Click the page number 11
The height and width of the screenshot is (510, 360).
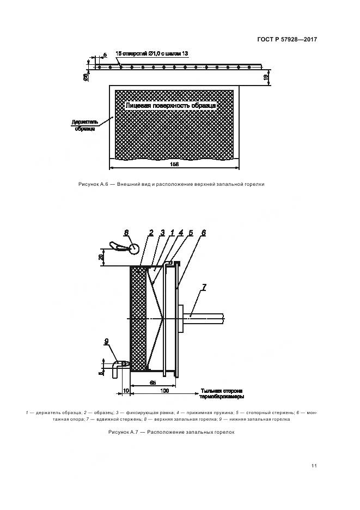tap(314, 465)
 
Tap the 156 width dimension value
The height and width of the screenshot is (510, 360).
tap(174, 164)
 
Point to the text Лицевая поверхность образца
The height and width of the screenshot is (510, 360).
tap(171, 105)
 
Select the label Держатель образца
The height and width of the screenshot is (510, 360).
tap(84, 125)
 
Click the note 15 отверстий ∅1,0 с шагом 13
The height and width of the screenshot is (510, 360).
tap(152, 54)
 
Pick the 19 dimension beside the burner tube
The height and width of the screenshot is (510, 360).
tap(265, 77)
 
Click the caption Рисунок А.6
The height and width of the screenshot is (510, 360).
tap(171, 184)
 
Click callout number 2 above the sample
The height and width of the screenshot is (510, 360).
tap(151, 233)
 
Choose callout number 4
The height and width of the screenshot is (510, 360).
tap(180, 233)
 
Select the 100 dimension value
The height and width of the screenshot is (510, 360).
tap(164, 391)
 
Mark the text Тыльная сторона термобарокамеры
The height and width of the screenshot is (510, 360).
tap(222, 394)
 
